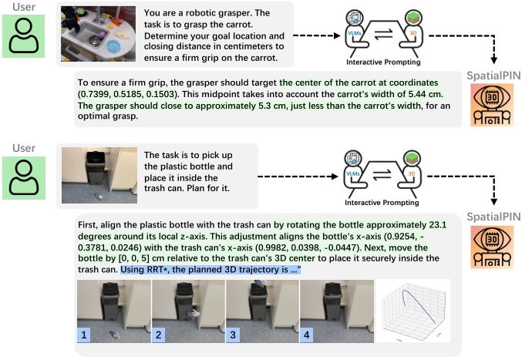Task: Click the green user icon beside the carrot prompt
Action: pos(28,35)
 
